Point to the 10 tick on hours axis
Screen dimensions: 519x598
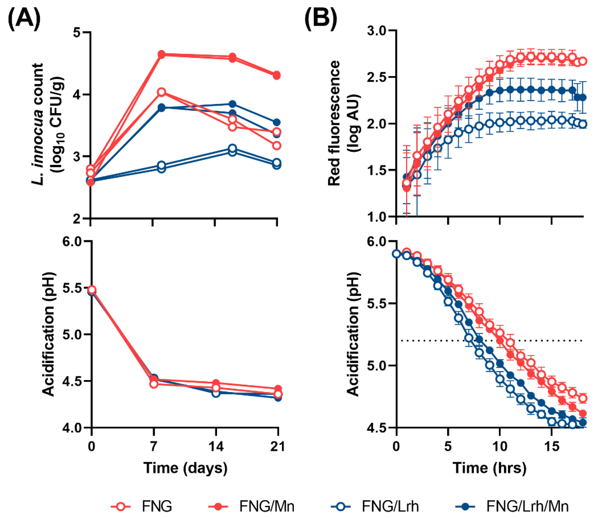(x=500, y=446)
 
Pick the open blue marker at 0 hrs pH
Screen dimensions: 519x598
(x=396, y=254)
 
